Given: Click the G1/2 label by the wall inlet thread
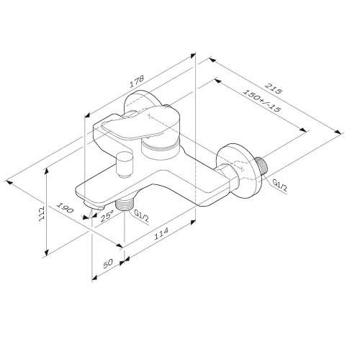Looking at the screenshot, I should [x=279, y=186].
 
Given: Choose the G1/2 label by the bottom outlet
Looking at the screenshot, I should [x=142, y=215].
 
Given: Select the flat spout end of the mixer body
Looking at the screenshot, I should [x=90, y=196].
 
